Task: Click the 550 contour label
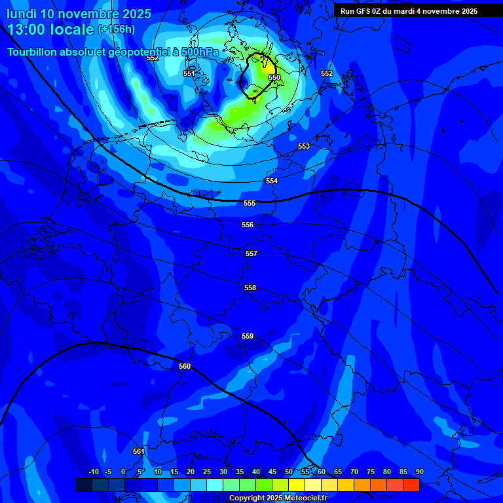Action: tap(274, 77)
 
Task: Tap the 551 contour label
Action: tap(189, 73)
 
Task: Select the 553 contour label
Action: tap(304, 146)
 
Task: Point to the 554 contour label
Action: tap(272, 181)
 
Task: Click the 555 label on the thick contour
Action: tap(250, 203)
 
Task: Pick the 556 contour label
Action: tap(248, 225)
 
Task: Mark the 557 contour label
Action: tap(251, 253)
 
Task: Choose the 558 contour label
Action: tap(250, 288)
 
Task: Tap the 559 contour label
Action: tap(248, 336)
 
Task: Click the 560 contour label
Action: tap(185, 366)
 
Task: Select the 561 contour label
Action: tap(138, 451)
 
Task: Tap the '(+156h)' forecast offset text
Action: tap(117, 29)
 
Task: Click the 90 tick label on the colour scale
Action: tap(419, 472)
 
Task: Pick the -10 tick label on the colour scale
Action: tap(93, 472)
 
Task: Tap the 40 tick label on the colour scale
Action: tap(256, 472)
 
